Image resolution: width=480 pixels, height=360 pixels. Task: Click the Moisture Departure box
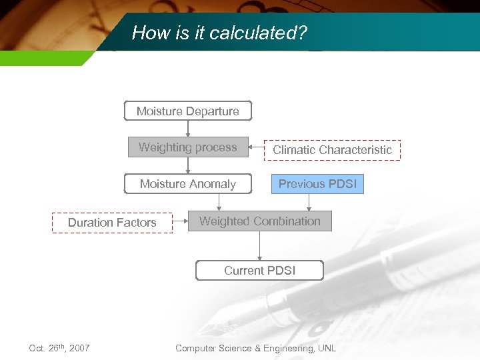coord(188,111)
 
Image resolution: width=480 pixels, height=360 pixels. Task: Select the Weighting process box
coord(188,147)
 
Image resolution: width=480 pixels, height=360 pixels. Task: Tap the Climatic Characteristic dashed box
coord(332,150)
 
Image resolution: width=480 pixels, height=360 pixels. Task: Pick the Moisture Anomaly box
coord(188,184)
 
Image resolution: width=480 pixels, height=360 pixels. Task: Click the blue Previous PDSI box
coord(317,184)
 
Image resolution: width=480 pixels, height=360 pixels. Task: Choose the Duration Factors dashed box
coord(112,223)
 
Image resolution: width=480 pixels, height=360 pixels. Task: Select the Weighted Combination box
coord(260,221)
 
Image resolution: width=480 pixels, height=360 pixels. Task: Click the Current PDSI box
coord(259,270)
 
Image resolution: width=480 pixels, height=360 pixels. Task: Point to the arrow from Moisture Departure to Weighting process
coord(188,129)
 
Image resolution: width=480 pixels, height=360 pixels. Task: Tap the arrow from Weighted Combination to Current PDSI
coord(259,246)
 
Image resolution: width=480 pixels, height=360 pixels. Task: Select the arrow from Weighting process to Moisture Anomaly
coord(188,165)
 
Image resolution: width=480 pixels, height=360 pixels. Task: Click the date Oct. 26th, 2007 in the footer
coord(59,348)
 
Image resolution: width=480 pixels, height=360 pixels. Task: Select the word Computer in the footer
coord(196,348)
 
